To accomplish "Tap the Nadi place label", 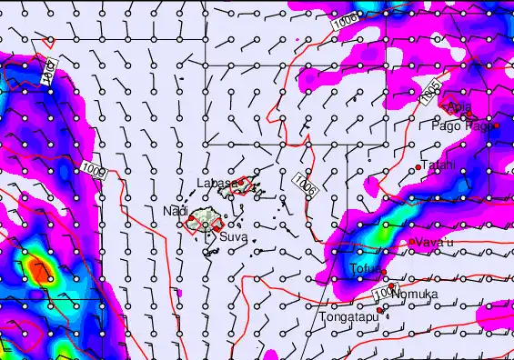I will [x=175, y=211].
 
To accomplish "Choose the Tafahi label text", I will [x=438, y=165].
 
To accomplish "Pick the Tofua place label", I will [x=366, y=268].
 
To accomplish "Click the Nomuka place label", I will [x=416, y=295].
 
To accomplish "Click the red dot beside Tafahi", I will [x=418, y=167].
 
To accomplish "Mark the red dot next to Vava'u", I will [x=412, y=242].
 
